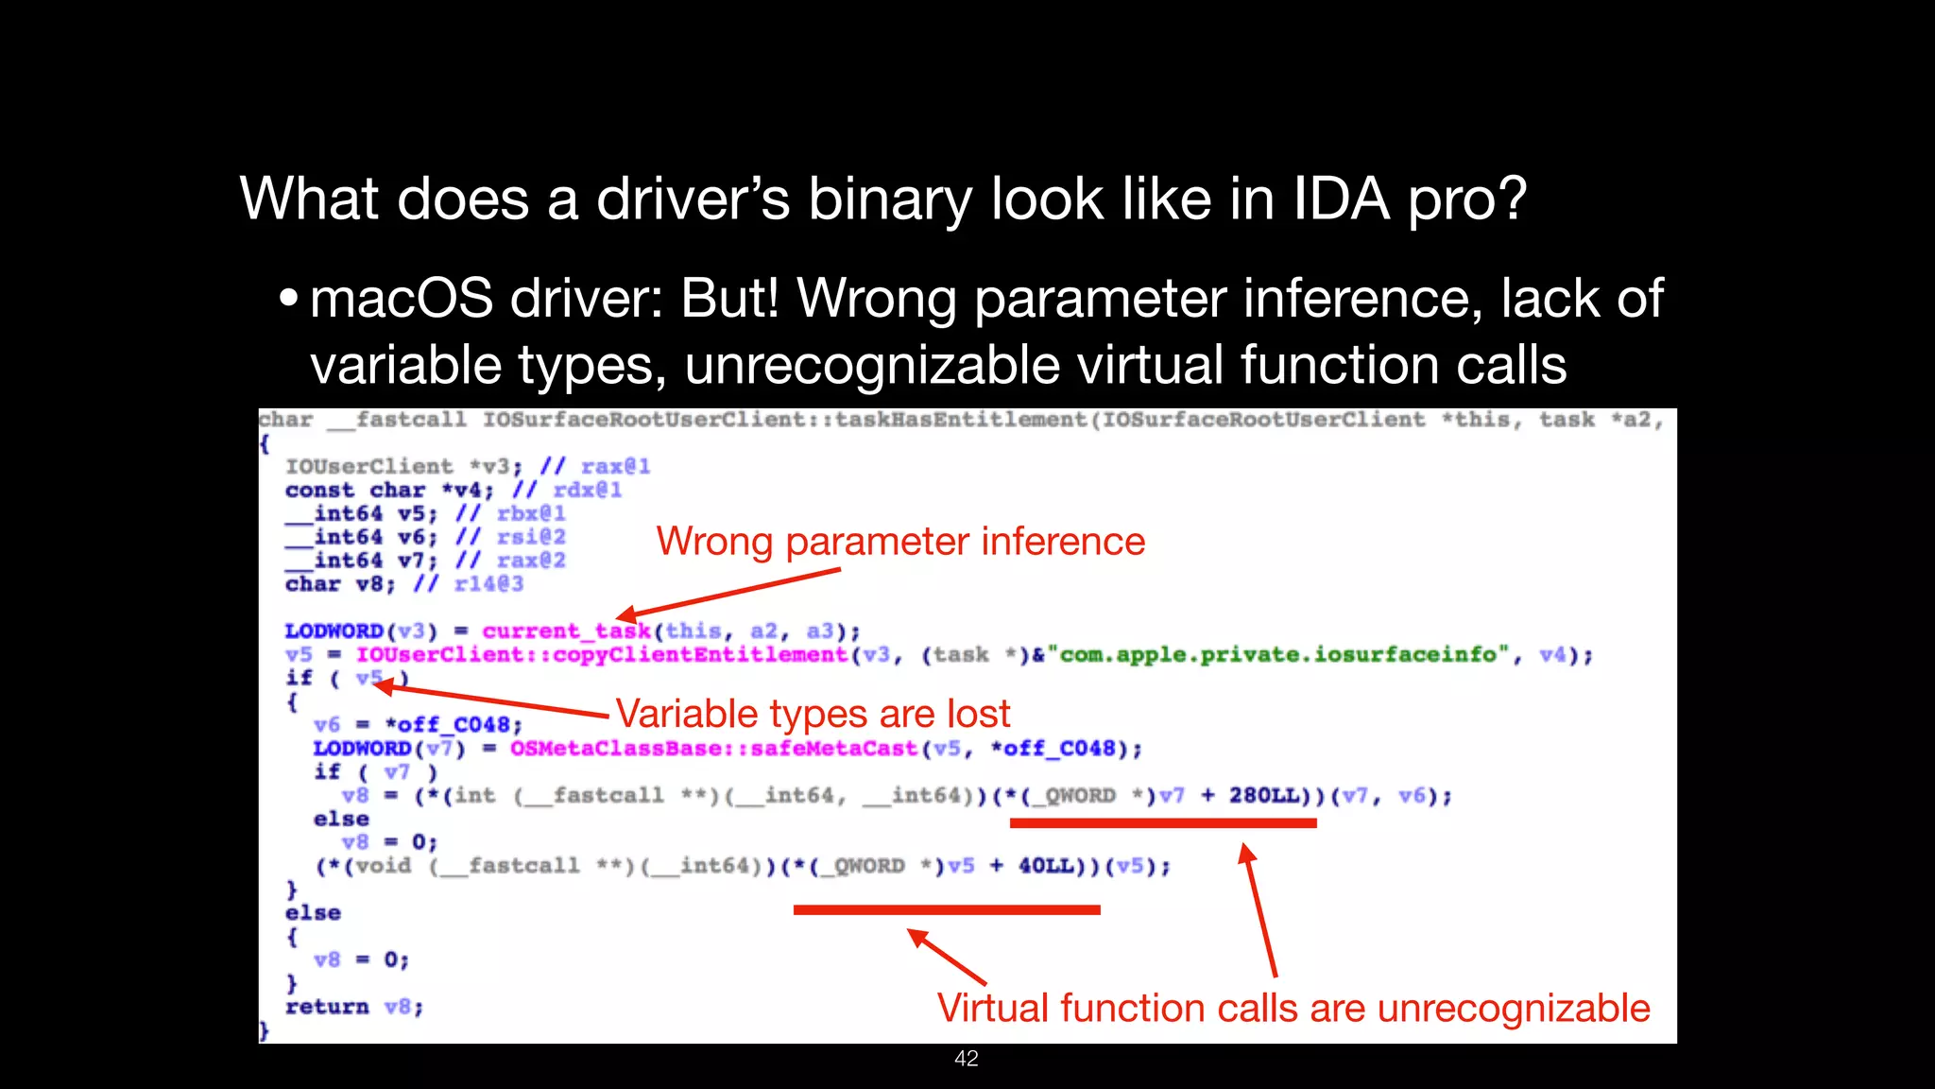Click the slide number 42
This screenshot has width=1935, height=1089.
967,1059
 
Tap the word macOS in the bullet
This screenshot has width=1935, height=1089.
402,299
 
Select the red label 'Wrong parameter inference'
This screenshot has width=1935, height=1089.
900,542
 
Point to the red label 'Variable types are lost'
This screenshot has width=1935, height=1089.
813,714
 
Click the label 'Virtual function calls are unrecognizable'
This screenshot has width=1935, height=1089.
1293,1009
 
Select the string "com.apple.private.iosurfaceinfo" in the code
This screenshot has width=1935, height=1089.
1278,654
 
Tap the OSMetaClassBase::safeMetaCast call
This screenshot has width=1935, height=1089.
713,749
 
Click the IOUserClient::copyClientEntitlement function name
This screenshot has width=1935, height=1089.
602,654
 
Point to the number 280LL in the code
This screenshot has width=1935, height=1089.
1264,796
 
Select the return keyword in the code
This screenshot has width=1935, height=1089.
327,1007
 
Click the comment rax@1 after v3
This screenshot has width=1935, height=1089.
615,467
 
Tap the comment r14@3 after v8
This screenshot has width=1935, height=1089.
488,584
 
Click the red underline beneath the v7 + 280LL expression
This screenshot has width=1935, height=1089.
1163,823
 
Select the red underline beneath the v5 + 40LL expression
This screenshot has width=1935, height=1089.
947,909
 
